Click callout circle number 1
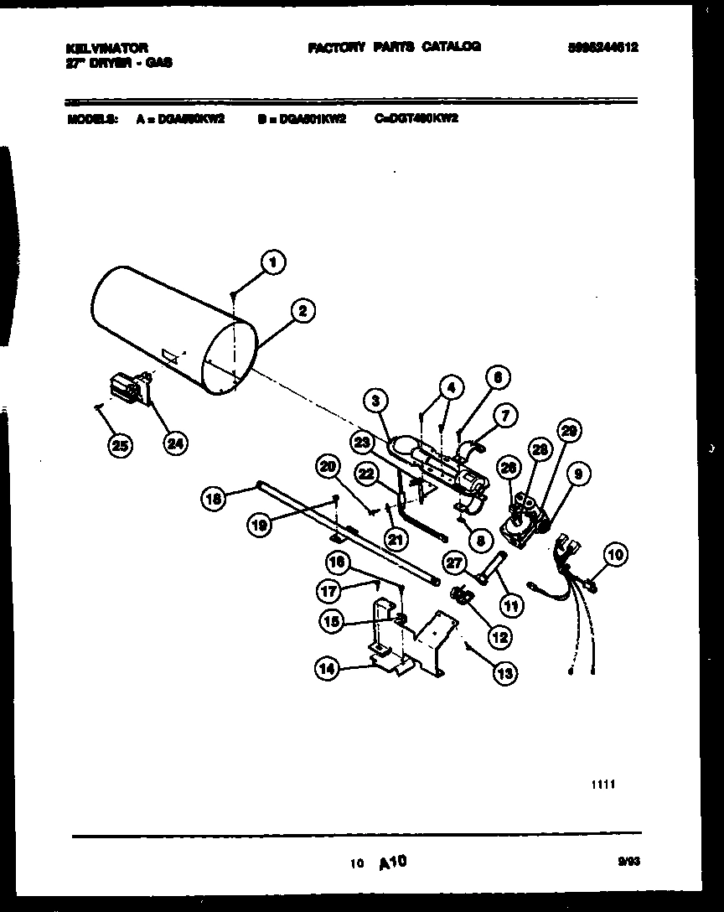pos(270,262)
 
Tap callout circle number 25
pos(122,446)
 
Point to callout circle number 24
pos(175,444)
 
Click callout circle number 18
pos(214,500)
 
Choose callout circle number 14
pos(328,667)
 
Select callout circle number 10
pos(615,554)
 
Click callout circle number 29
pos(569,433)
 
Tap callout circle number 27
pos(455,562)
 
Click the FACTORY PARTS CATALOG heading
pos(394,48)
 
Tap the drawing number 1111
pos(602,785)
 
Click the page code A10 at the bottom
pos(392,862)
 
